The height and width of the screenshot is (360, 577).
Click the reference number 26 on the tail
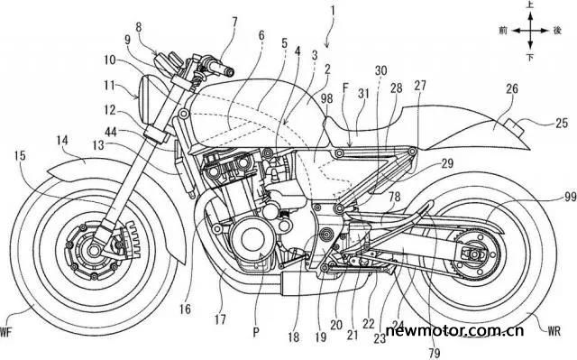(x=512, y=88)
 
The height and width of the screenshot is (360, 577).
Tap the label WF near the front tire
(x=5, y=333)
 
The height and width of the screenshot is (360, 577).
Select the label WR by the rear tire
(x=554, y=331)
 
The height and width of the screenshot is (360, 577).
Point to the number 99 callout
(x=569, y=198)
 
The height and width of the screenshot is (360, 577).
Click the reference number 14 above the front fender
(x=62, y=141)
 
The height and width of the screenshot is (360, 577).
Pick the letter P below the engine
(x=256, y=333)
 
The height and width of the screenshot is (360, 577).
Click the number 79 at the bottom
(x=435, y=352)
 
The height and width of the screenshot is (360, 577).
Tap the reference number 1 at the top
(x=333, y=11)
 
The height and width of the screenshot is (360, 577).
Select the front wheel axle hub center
(x=94, y=250)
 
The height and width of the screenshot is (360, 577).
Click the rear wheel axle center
(x=475, y=254)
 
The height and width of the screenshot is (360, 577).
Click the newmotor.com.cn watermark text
(x=454, y=330)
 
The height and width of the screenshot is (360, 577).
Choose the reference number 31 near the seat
(x=363, y=94)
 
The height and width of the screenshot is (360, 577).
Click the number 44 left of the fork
(x=111, y=132)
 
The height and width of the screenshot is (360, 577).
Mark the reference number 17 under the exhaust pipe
(x=220, y=318)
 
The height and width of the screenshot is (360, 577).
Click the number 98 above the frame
(x=326, y=98)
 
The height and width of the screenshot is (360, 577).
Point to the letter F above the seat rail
(x=344, y=88)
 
